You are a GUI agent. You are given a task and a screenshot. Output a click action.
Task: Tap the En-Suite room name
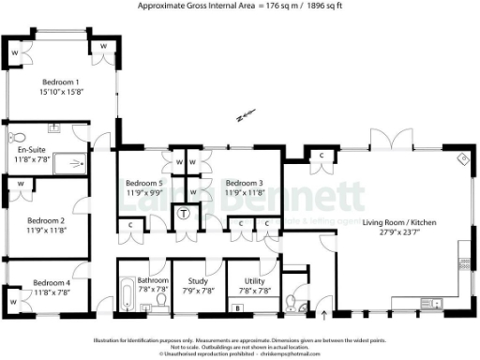[32, 148]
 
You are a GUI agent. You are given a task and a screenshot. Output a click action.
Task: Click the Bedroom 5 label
[144, 182]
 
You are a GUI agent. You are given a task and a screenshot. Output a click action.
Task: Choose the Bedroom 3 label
[244, 182]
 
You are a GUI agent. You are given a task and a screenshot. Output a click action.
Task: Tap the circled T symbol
[184, 213]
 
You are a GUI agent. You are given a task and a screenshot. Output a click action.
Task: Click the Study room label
[197, 280]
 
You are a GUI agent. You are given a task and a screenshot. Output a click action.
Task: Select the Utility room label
[252, 280]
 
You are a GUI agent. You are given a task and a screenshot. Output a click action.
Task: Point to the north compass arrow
[246, 117]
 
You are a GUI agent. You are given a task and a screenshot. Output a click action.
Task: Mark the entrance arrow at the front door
[324, 301]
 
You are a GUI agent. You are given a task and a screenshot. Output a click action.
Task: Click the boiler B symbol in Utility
[236, 307]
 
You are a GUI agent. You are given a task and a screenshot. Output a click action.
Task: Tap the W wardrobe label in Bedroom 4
[15, 303]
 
